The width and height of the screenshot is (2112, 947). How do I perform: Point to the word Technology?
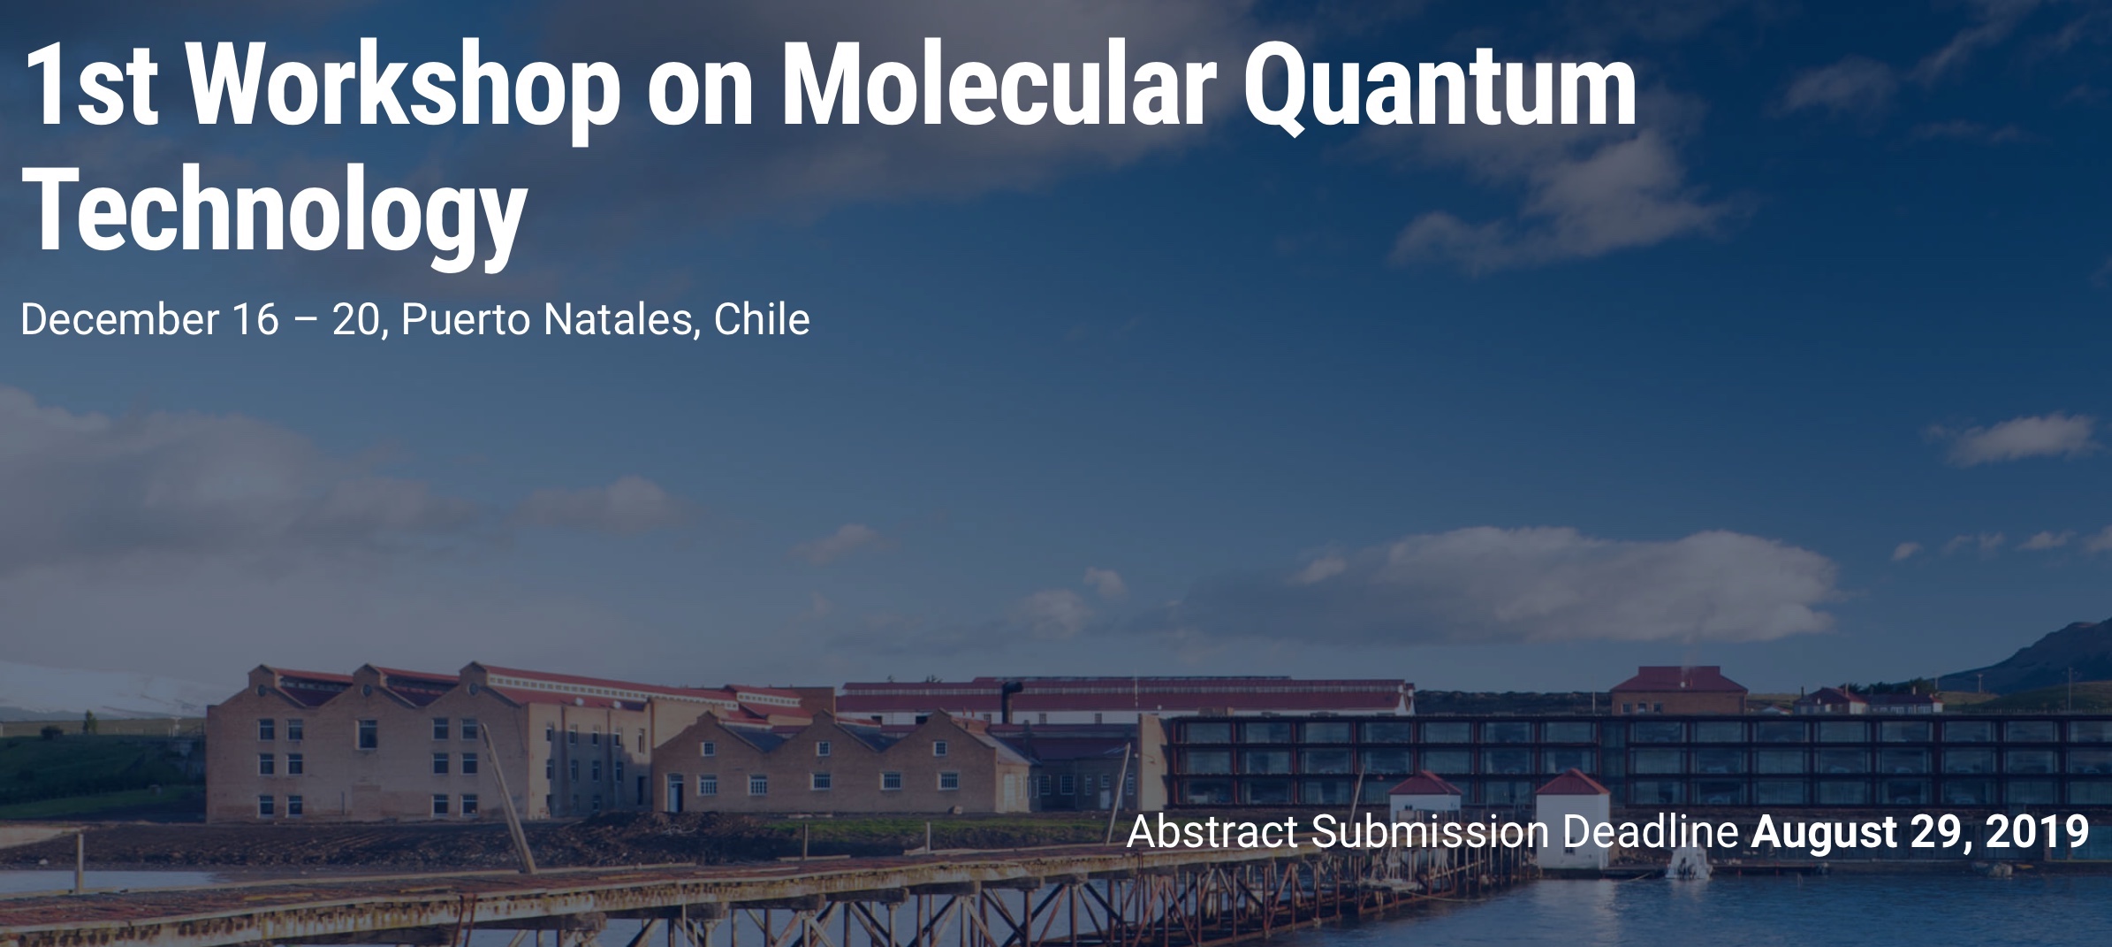tap(275, 212)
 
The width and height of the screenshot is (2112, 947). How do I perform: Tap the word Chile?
tap(762, 319)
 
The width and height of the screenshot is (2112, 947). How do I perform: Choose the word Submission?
tap(1431, 831)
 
